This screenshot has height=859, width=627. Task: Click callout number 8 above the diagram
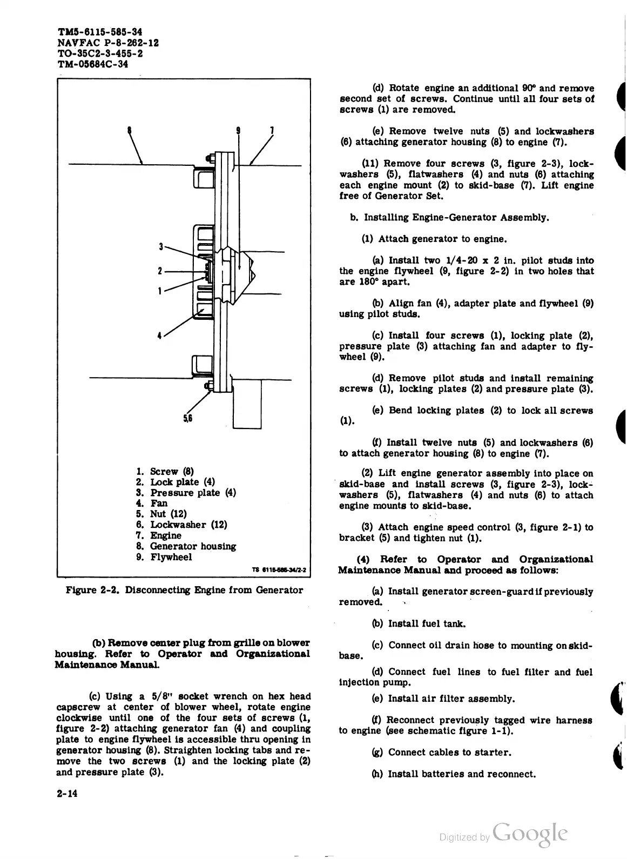tap(129, 130)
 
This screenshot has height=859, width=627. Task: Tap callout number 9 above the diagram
tap(238, 130)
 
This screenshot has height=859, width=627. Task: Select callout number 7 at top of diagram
tap(272, 130)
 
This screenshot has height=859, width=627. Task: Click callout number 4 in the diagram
tap(159, 335)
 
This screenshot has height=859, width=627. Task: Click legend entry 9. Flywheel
tap(164, 557)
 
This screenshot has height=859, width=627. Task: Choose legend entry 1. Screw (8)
tap(165, 471)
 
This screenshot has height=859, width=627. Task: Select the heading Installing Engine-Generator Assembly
tap(456, 217)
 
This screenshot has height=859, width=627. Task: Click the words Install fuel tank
tap(427, 623)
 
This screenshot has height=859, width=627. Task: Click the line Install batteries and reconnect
tap(462, 774)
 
